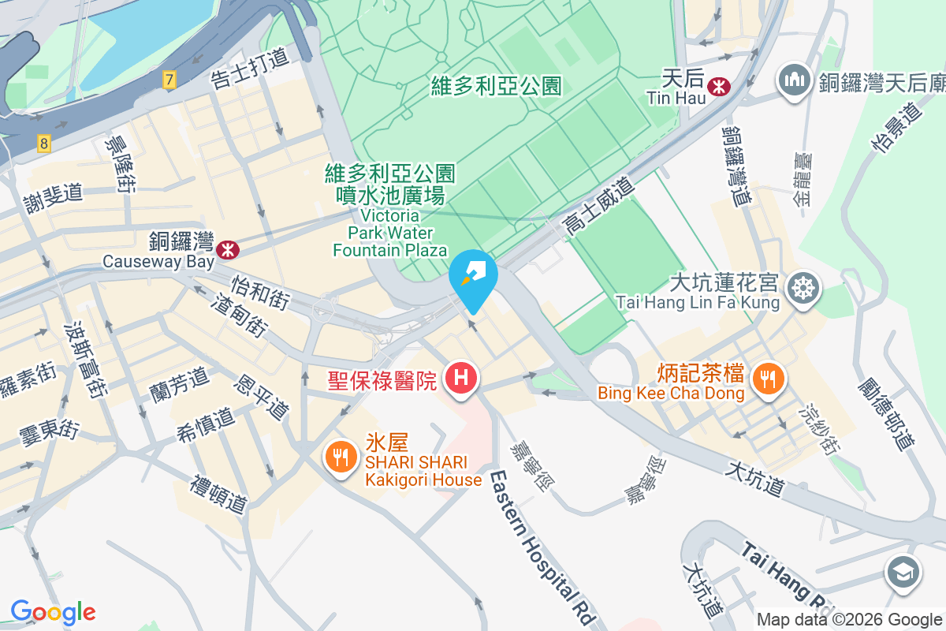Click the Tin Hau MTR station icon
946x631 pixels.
(x=718, y=87)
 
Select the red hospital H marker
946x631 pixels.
(x=461, y=379)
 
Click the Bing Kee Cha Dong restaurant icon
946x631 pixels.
(x=765, y=379)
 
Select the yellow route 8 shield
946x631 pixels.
(x=43, y=144)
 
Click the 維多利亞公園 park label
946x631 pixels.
(x=497, y=86)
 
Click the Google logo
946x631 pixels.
(x=53, y=611)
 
